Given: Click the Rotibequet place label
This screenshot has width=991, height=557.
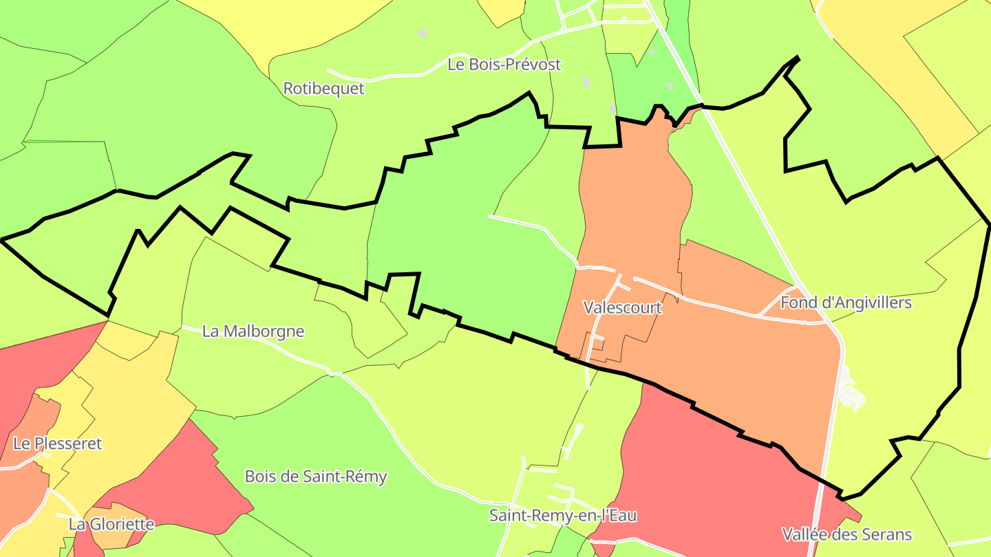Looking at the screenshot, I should (x=323, y=89).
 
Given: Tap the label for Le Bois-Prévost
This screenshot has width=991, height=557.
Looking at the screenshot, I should (x=504, y=65).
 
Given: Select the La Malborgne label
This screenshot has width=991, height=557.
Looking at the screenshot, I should (x=253, y=331).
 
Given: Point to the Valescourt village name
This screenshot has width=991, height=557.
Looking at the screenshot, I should (x=622, y=307).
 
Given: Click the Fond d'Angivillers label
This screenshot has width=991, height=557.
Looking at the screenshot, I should (x=845, y=303).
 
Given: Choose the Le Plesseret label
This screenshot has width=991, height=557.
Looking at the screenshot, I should (x=57, y=444).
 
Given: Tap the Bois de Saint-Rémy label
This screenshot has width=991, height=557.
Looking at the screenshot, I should (x=316, y=477).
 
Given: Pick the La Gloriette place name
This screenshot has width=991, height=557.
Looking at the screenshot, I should (x=111, y=525).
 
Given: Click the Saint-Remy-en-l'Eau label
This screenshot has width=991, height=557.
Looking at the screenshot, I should (x=562, y=516).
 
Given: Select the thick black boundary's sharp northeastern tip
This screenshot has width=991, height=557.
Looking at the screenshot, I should (x=798, y=58).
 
